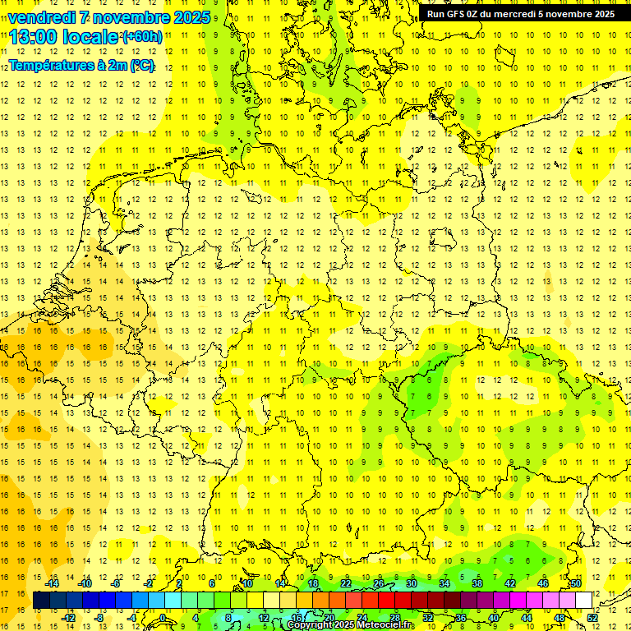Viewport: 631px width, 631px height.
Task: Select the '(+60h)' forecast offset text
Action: point(141,37)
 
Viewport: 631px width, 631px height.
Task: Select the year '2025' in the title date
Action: point(192,17)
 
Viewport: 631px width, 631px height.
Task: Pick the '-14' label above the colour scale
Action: point(53,583)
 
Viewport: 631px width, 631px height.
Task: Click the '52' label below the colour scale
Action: point(592,618)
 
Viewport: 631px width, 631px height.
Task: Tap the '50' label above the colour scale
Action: point(576,583)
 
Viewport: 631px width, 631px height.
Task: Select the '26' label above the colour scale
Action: point(379,583)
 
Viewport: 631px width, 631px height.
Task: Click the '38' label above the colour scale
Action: point(477,583)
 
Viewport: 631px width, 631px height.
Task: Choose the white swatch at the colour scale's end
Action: point(583,601)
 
